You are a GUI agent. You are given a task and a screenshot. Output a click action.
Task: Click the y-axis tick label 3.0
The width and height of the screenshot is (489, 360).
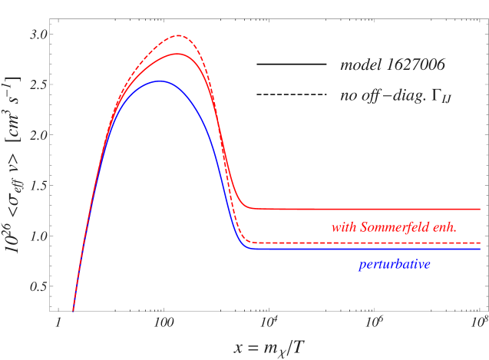[38, 35]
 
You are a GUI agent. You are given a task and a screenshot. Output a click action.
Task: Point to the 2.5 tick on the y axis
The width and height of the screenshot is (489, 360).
[38, 85]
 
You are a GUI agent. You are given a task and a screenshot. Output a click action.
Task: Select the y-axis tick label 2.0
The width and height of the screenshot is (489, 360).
[38, 135]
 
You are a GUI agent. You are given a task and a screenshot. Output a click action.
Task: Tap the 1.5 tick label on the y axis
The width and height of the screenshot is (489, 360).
[38, 186]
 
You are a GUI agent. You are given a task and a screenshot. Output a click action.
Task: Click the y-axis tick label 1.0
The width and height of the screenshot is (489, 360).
[38, 236]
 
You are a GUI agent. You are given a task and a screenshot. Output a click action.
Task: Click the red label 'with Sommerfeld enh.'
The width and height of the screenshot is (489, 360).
[394, 227]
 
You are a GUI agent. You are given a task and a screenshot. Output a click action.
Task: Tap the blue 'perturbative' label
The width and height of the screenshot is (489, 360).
[395, 265]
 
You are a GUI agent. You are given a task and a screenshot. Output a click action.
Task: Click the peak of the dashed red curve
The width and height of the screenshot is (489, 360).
[178, 35]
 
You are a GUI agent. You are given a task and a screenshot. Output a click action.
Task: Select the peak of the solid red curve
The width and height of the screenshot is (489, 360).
[177, 54]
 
